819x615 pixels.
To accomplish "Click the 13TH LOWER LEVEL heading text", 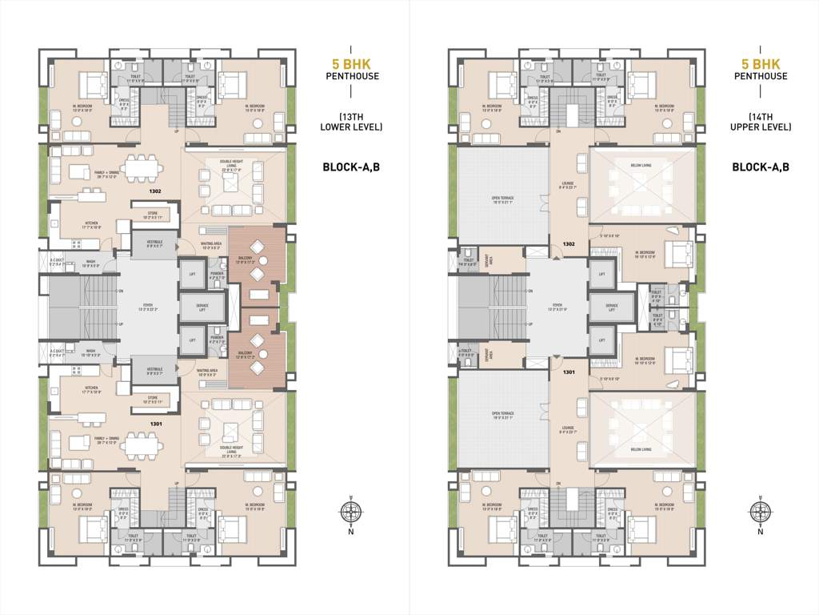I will point(351,122).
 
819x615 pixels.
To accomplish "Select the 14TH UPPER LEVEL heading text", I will point(760,122).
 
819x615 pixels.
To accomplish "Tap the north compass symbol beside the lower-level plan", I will point(350,513).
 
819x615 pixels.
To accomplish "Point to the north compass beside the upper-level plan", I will point(760,513).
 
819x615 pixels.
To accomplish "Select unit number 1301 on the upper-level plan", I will point(569,372).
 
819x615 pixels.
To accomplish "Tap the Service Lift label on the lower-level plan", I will point(202,307).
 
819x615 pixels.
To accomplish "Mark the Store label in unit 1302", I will point(153,215).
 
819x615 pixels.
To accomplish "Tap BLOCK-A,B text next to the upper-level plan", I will point(760,167).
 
